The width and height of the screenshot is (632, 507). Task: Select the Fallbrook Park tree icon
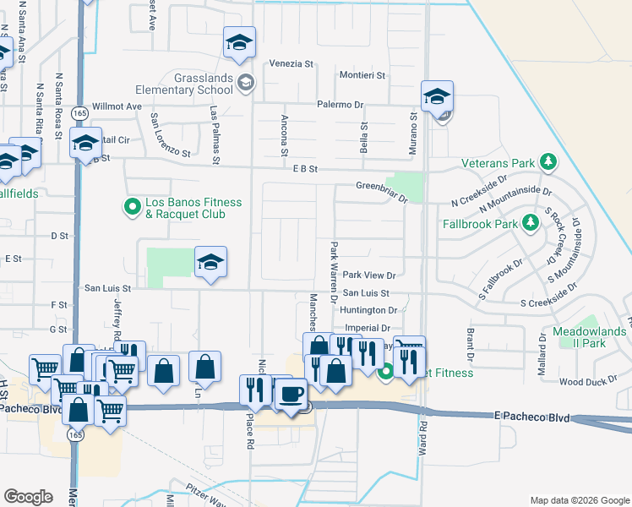click(x=530, y=223)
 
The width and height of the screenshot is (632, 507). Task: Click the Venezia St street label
click(x=291, y=63)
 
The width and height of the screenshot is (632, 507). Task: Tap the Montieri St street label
click(x=362, y=75)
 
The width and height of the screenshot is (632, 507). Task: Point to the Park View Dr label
click(x=369, y=275)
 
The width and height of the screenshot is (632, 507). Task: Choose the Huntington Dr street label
click(x=370, y=310)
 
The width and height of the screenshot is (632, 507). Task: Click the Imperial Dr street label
click(x=367, y=328)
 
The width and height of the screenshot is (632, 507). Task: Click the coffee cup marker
click(x=291, y=394)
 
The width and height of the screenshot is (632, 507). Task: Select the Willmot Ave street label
click(x=117, y=106)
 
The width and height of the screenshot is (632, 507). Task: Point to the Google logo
click(x=28, y=497)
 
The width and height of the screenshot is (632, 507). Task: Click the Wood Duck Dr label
click(x=582, y=382)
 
